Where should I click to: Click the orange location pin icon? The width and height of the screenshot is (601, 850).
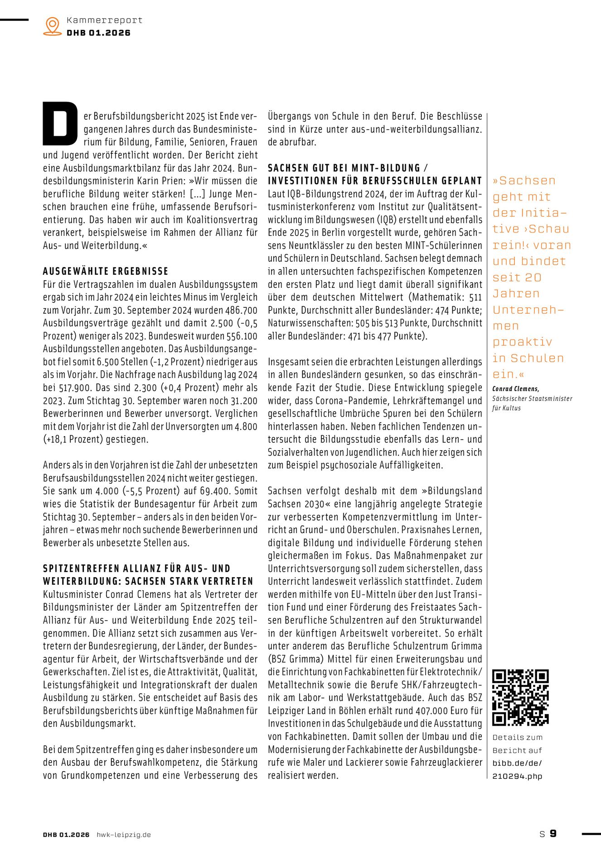point(53,26)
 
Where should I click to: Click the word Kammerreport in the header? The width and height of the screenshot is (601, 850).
point(104,20)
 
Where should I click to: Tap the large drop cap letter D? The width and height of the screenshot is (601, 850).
point(60,124)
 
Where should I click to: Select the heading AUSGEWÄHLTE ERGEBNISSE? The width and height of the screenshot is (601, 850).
point(106,271)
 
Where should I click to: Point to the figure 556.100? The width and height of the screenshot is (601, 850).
point(242,336)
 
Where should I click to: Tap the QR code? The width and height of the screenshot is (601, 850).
point(520,697)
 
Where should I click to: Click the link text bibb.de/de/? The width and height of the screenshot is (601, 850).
point(517,763)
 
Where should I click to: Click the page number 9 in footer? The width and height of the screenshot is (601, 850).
point(553,834)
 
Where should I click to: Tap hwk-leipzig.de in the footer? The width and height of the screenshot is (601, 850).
point(124,835)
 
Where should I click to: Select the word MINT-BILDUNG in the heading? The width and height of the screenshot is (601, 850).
point(380,168)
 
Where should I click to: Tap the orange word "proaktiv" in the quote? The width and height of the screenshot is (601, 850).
point(522,342)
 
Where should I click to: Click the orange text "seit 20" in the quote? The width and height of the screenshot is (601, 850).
point(517,277)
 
